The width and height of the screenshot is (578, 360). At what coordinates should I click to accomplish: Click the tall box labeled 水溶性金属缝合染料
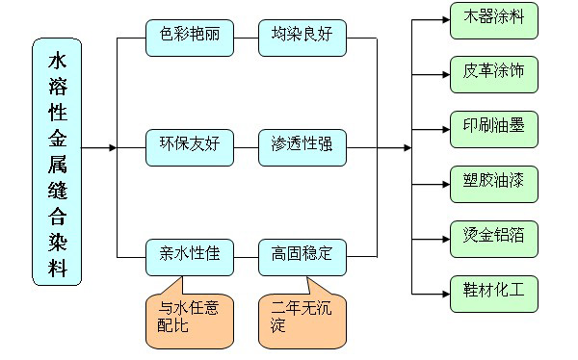[x=57, y=162]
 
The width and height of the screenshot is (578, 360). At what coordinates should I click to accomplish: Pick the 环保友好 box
[x=190, y=147]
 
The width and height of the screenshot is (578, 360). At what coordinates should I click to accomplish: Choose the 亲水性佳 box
[x=190, y=255]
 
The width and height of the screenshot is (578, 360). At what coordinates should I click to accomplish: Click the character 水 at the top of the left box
[x=57, y=61]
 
